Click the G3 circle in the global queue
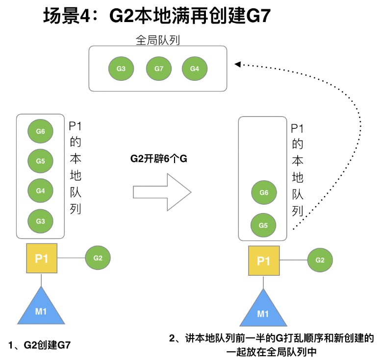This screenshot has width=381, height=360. [x=121, y=69]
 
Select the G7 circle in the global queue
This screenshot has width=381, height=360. [x=158, y=69]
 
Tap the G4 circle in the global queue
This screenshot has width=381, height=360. [x=194, y=69]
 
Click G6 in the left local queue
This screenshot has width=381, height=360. [x=40, y=131]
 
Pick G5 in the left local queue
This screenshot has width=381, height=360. [x=40, y=161]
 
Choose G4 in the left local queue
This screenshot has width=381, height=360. [x=40, y=191]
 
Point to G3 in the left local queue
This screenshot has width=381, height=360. [x=40, y=221]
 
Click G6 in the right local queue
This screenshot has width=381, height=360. [x=263, y=193]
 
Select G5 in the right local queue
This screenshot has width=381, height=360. [x=263, y=225]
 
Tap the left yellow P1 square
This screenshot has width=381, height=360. [x=41, y=258]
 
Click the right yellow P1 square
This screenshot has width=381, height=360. [x=264, y=260]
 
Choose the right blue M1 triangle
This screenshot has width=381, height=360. [x=263, y=310]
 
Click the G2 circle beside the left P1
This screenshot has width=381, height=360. [x=98, y=258]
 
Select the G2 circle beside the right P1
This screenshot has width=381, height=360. [x=320, y=260]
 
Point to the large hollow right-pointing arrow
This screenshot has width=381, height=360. [x=162, y=190]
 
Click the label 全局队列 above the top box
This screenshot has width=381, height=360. [x=157, y=40]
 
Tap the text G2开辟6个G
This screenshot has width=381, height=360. [x=159, y=159]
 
